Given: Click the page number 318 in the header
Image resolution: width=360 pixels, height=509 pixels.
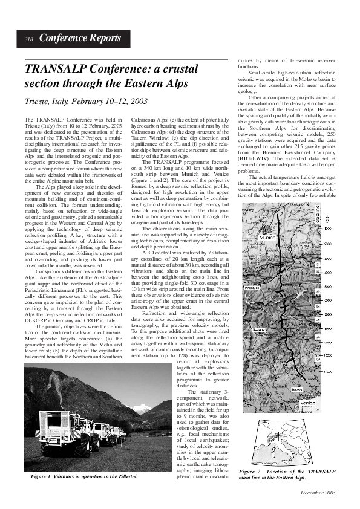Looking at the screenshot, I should [x=28, y=39].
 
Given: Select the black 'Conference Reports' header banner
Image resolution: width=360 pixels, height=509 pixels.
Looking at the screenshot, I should [x=73, y=39].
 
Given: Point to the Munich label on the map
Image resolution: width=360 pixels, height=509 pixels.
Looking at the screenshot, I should [x=267, y=238].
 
